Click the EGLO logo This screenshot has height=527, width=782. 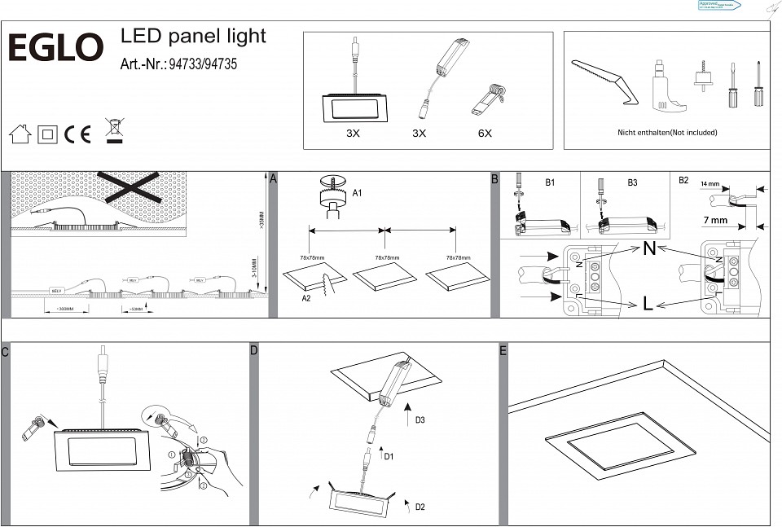tap(55, 48)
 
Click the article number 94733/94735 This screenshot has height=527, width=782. tap(202, 64)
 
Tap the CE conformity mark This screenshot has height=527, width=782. tap(77, 134)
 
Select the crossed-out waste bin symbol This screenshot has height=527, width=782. tap(114, 131)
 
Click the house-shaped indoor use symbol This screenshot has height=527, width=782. tap(20, 134)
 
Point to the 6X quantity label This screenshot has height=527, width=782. tap(485, 133)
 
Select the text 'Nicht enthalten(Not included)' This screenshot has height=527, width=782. tap(667, 132)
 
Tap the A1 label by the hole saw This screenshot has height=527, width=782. tap(357, 193)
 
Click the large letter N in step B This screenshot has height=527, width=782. tap(649, 249)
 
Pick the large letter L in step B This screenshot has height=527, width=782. tap(648, 304)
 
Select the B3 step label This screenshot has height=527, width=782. tap(632, 183)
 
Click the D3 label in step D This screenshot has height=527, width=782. tap(420, 421)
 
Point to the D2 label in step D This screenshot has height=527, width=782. tap(420, 507)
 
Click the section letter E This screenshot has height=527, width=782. tap(503, 351)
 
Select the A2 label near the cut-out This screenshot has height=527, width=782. tap(306, 299)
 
